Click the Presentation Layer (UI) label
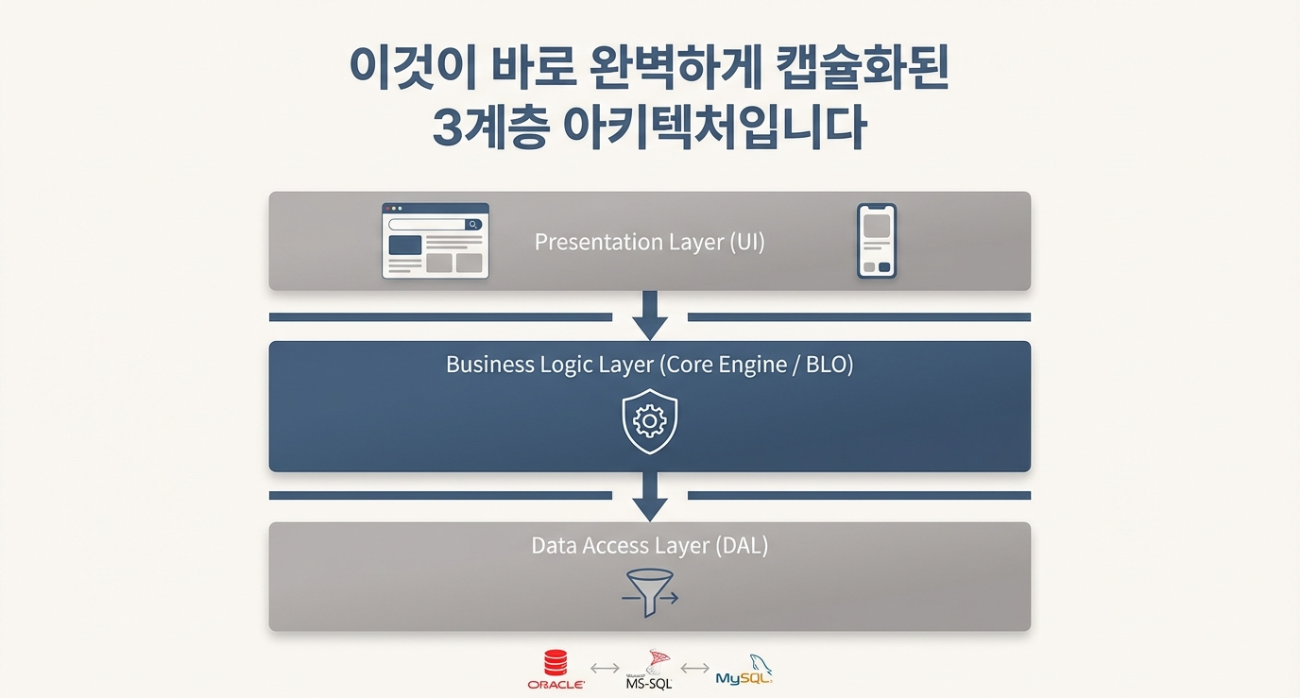pos(649,242)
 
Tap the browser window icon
pos(436,241)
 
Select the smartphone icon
pos(877,241)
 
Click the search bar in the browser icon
pos(428,225)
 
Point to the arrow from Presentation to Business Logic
pos(650,315)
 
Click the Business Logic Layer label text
pos(649,365)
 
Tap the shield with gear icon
pos(650,421)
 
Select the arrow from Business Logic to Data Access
pos(650,497)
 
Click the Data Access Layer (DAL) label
pos(649,545)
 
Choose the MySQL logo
pos(744,670)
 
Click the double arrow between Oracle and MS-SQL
pos(604,669)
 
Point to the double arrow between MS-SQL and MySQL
pos(694,669)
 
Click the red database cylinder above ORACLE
pos(556,662)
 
